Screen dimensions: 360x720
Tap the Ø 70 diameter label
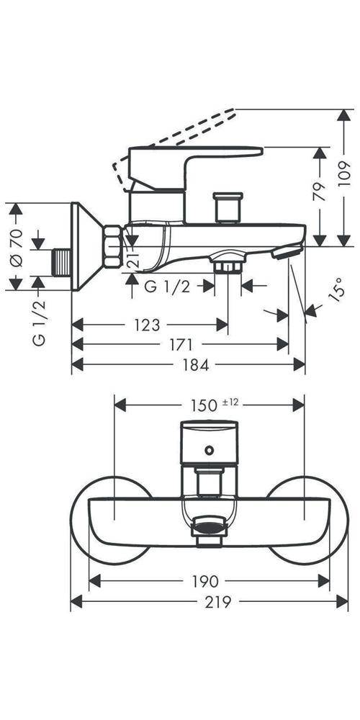click(16, 248)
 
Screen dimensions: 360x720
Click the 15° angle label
click(336, 289)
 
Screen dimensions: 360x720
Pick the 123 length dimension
click(147, 325)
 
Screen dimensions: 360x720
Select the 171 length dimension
click(180, 344)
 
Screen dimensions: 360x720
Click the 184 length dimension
click(196, 365)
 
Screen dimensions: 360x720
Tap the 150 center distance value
click(204, 405)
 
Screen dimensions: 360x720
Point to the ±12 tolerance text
click(230, 402)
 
